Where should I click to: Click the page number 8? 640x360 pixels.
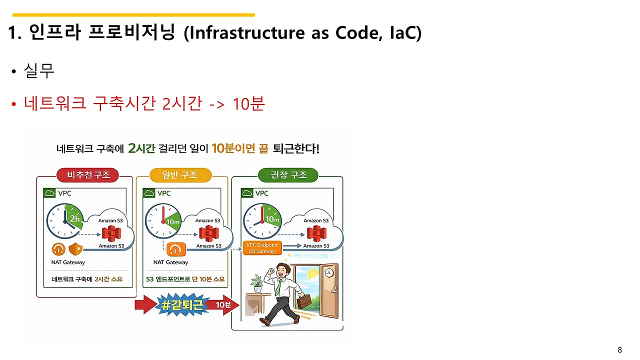tap(620, 349)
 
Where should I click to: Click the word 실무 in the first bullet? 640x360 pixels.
tap(39, 71)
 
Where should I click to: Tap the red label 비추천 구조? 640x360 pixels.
tap(88, 175)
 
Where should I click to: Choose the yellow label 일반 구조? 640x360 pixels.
tap(180, 175)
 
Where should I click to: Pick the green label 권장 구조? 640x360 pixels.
tap(288, 175)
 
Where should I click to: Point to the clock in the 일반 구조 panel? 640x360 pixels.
tap(164, 221)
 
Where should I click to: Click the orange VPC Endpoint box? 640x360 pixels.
tap(262, 247)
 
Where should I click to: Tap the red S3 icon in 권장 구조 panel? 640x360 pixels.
tap(316, 232)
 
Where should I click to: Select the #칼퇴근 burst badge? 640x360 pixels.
tap(182, 305)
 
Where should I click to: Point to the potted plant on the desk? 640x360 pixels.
tap(257, 283)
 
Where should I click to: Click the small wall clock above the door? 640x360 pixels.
tap(328, 273)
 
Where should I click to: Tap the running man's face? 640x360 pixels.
tap(283, 271)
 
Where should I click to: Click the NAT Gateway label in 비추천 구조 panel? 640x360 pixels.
tap(68, 262)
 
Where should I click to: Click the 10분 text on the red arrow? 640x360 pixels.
tap(222, 305)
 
